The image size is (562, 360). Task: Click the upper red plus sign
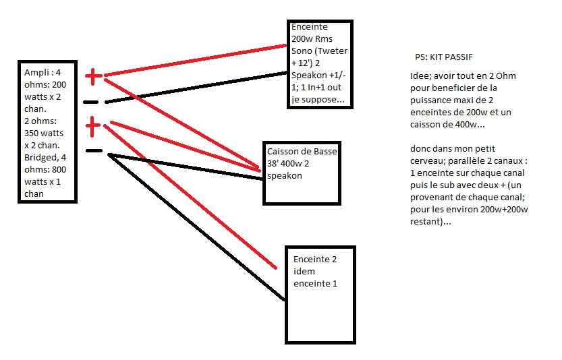click(94, 76)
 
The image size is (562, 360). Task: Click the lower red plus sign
click(94, 125)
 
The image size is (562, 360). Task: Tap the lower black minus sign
click(94, 151)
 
